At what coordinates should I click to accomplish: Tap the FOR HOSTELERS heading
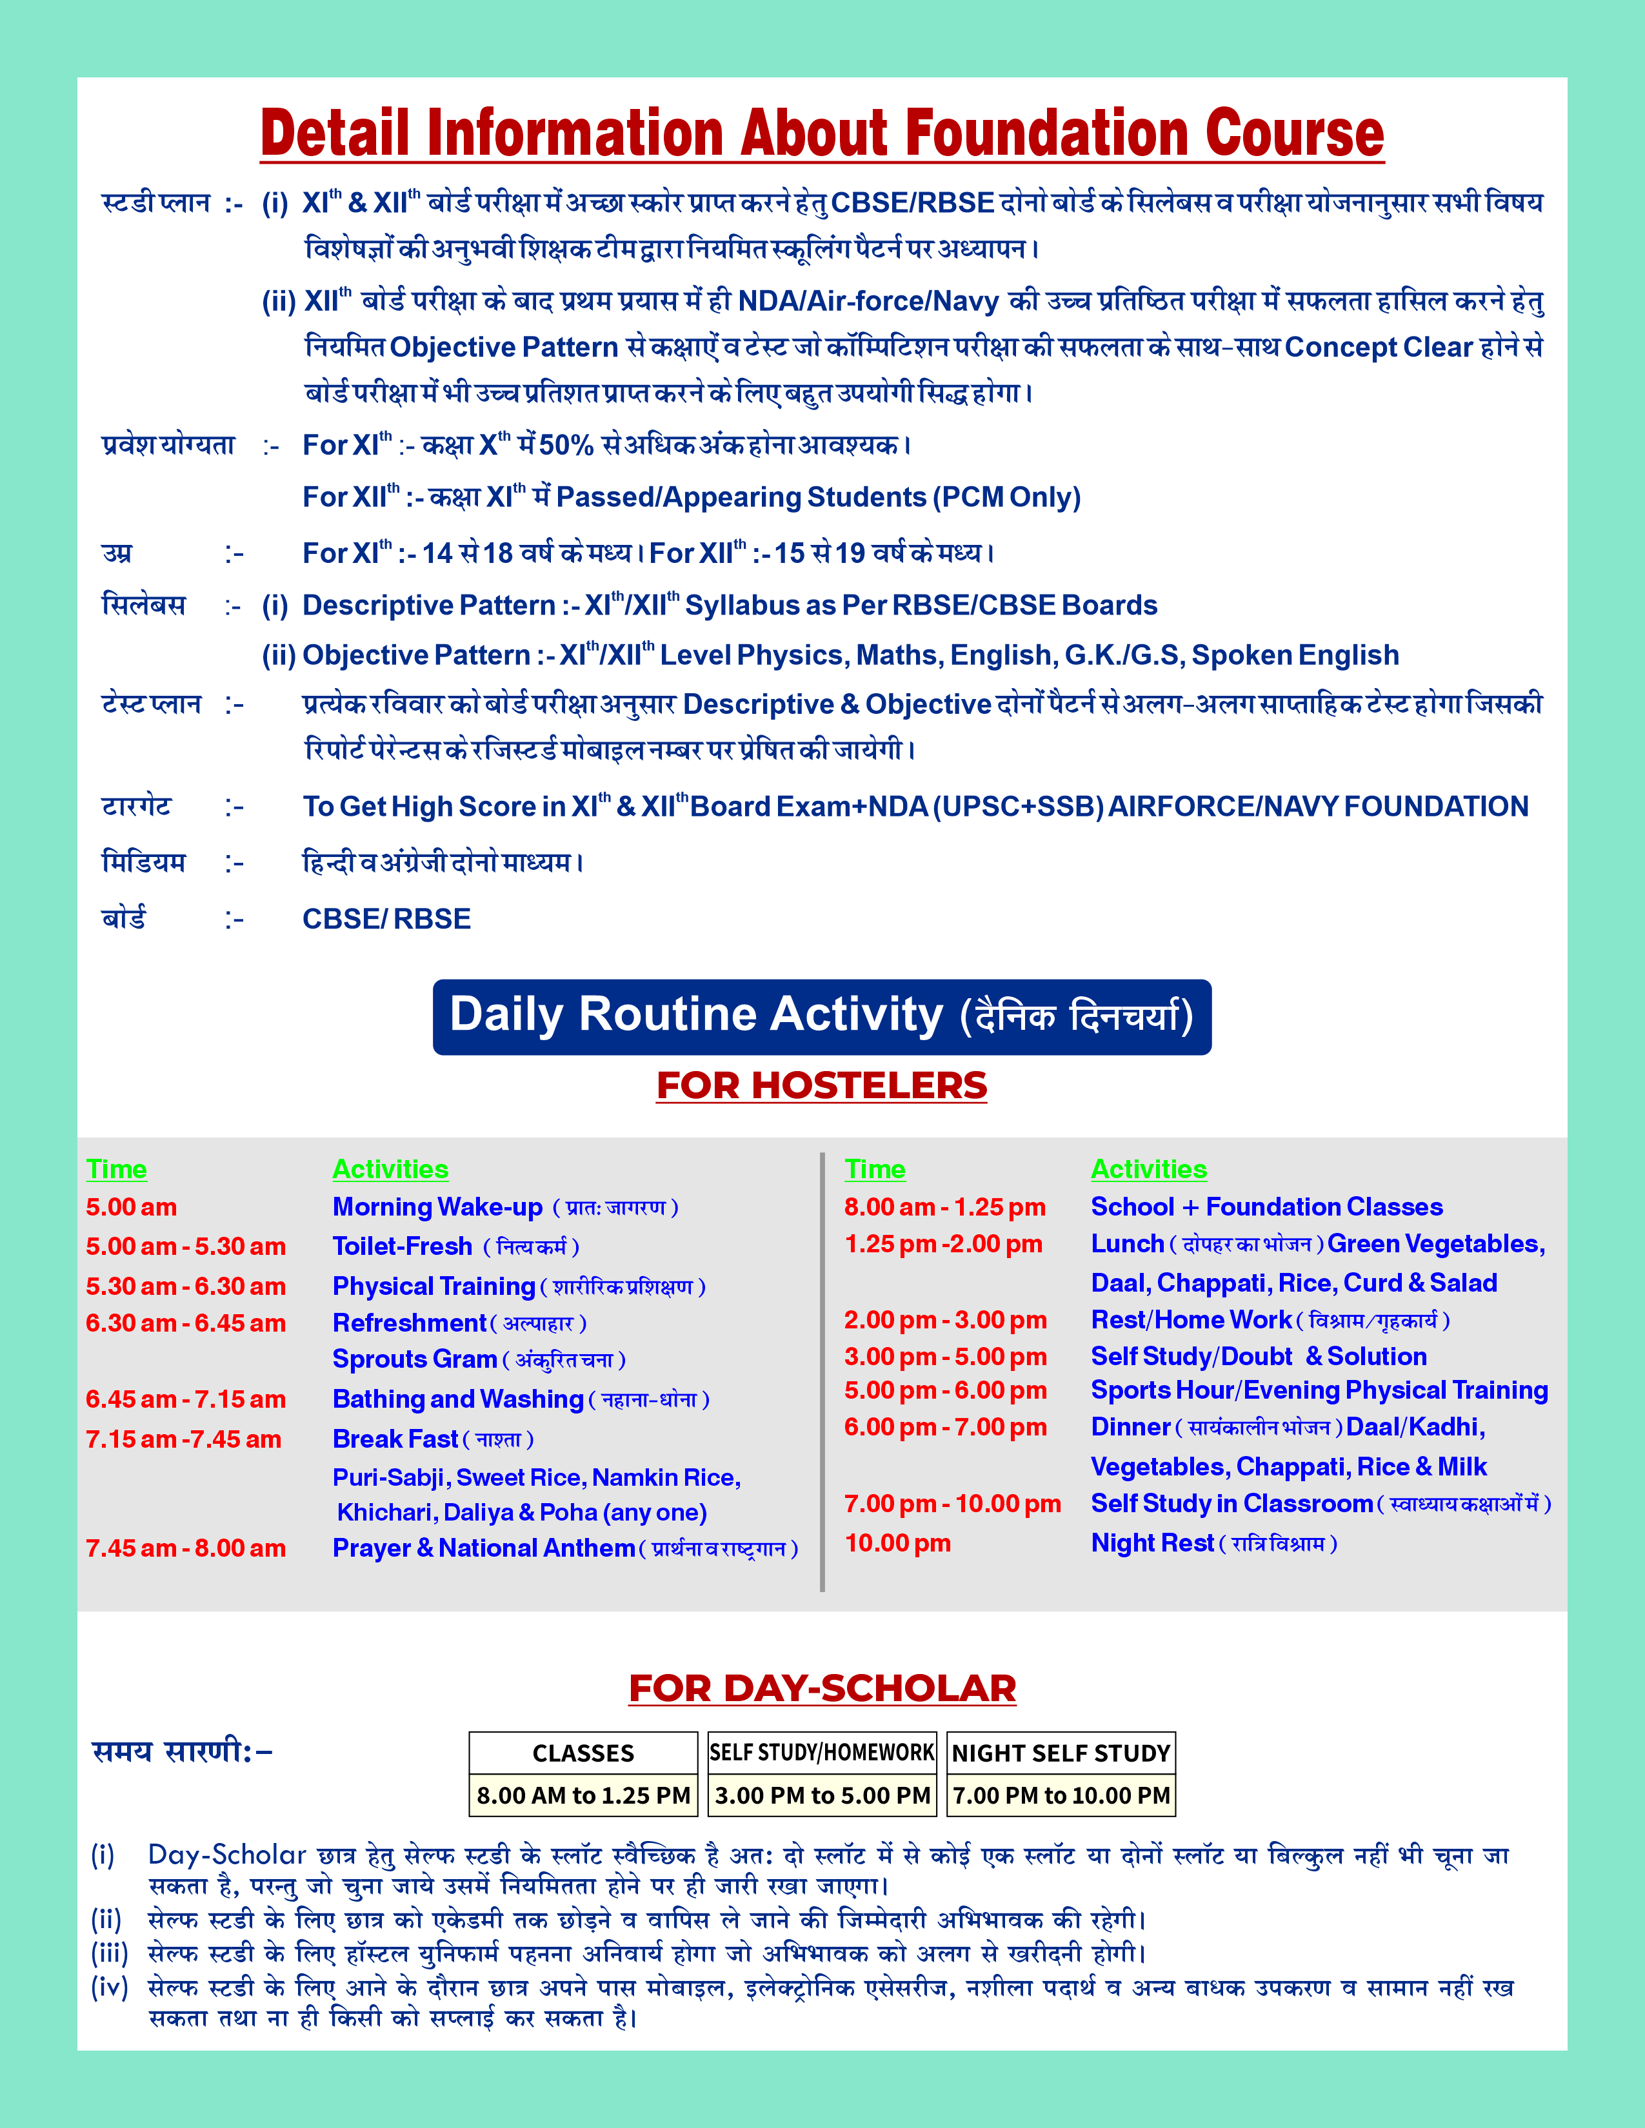(821, 1085)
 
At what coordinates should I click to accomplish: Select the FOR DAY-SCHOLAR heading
(821, 1689)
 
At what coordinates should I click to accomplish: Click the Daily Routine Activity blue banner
(821, 1016)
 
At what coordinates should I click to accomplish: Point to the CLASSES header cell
(583, 1753)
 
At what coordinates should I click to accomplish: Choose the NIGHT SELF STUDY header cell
(1061, 1753)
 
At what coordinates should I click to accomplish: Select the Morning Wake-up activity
(437, 1207)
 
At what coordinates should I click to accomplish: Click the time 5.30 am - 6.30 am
(185, 1286)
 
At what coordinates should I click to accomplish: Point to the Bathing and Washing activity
(458, 1399)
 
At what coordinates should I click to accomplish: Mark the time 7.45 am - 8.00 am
(185, 1548)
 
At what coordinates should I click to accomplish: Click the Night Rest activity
(1152, 1543)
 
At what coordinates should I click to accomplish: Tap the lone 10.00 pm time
(897, 1543)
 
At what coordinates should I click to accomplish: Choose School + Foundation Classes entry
(1266, 1207)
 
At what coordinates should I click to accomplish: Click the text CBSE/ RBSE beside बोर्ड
(387, 919)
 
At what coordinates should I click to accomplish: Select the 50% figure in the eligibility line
(566, 446)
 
